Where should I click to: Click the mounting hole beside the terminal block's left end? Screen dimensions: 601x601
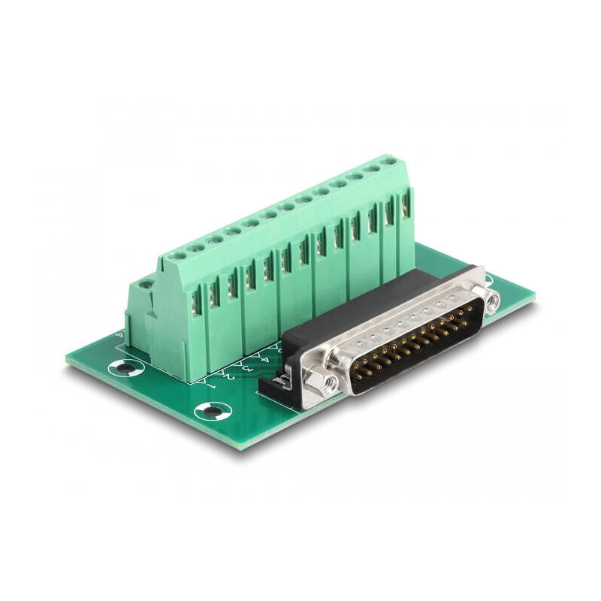(x=125, y=368)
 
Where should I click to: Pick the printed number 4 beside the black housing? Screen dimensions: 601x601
(x=264, y=358)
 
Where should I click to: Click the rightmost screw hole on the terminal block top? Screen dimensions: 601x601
(x=388, y=160)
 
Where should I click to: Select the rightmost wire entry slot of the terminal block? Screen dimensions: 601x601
(x=406, y=205)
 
